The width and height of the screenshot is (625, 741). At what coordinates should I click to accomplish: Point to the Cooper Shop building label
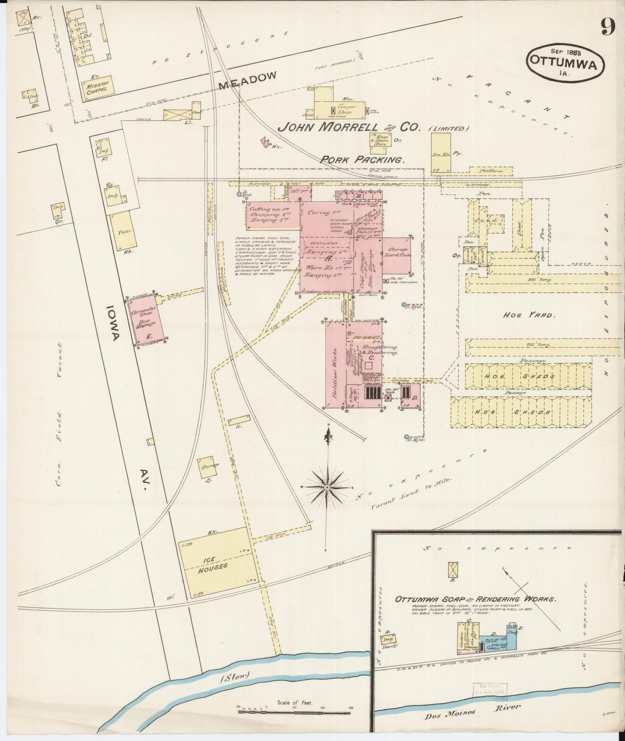click(x=346, y=109)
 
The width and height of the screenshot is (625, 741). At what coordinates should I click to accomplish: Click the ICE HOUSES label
click(x=214, y=562)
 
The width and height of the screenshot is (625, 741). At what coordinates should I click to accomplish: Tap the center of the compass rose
click(x=327, y=487)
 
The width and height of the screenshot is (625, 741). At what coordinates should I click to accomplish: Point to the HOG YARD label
click(x=527, y=315)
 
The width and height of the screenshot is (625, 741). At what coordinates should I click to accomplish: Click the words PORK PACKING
click(x=362, y=159)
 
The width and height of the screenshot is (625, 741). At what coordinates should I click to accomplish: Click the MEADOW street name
click(x=247, y=80)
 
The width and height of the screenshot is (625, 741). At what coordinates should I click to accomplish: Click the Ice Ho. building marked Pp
click(x=441, y=153)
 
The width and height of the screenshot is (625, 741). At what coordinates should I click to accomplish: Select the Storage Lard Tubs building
click(x=396, y=256)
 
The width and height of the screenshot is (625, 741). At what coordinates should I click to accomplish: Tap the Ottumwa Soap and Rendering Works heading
click(x=475, y=599)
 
